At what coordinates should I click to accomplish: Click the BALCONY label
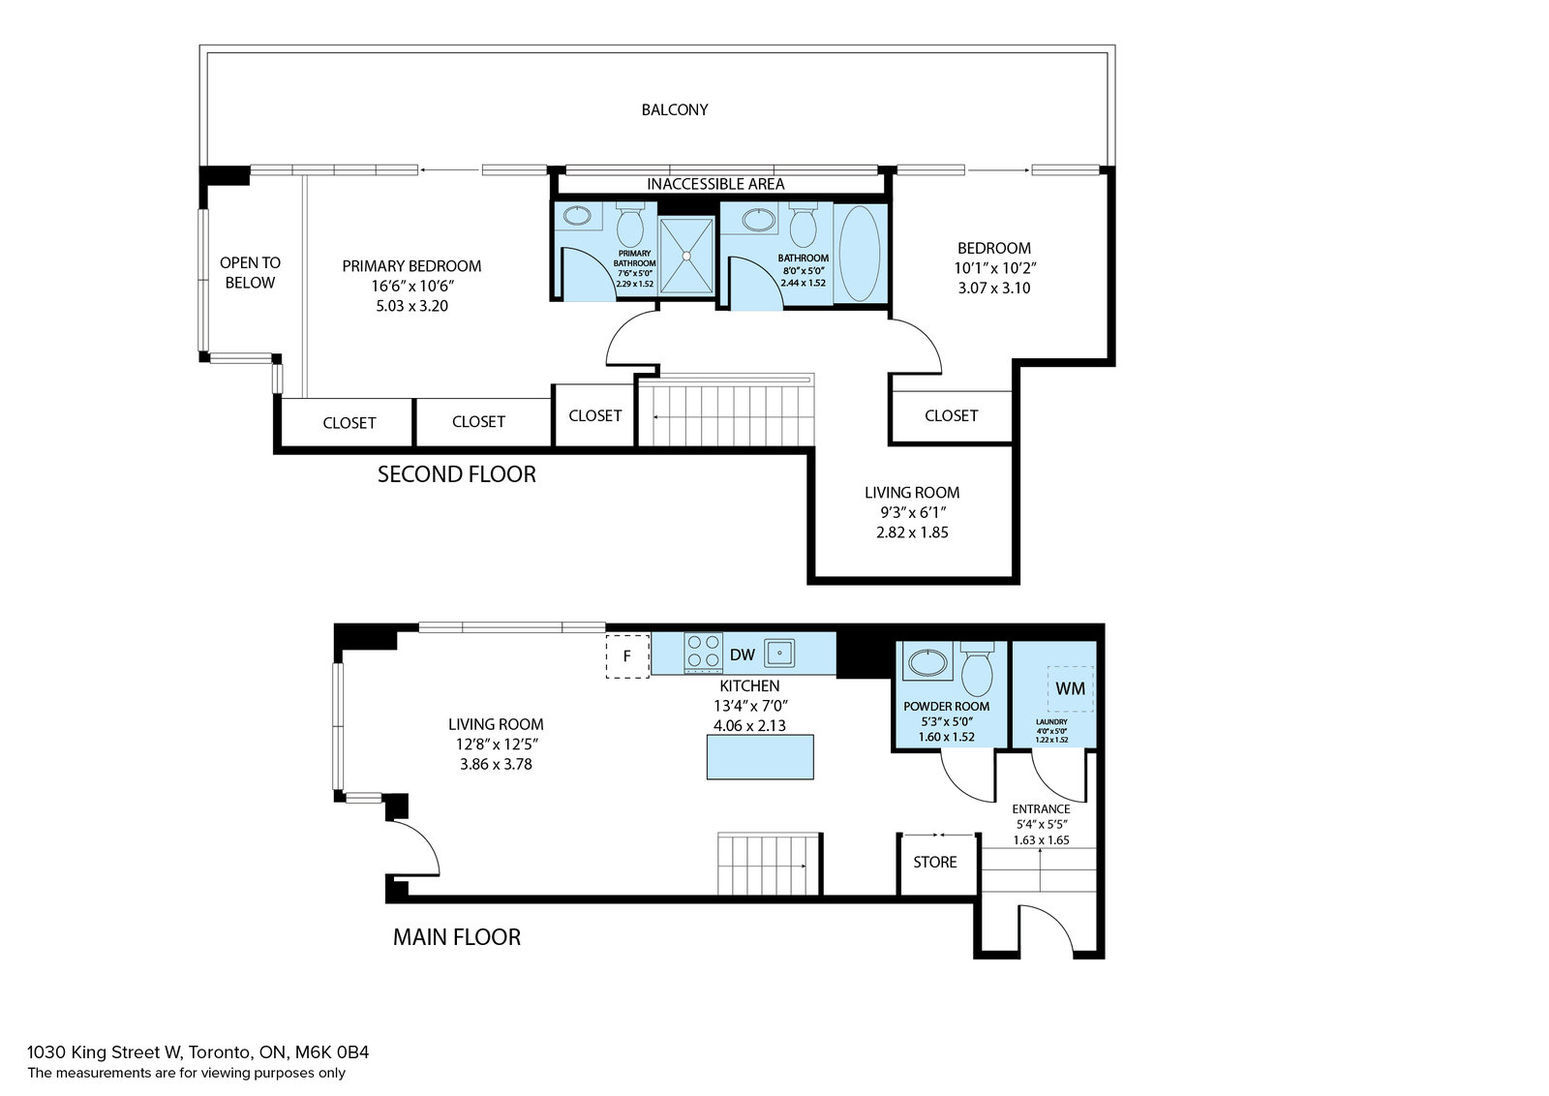674,110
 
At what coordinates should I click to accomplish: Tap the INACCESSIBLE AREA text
715,184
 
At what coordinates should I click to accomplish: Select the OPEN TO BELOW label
250,272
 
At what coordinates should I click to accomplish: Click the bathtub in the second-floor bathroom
860,253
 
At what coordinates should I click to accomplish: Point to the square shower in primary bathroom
686,256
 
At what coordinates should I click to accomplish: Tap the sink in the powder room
927,662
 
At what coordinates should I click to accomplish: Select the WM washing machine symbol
1070,688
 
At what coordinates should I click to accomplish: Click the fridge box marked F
627,655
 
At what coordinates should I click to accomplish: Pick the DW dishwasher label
742,655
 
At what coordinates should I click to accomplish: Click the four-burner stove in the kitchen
703,653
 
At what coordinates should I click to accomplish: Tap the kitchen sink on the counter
779,653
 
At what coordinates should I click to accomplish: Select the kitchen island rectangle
760,756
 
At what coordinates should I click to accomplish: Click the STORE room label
935,862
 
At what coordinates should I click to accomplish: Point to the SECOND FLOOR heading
456,474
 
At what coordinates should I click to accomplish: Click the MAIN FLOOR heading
456,937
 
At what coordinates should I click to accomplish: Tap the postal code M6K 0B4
332,1052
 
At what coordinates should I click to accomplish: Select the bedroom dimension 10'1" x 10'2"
995,268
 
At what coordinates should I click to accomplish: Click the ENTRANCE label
1041,809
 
